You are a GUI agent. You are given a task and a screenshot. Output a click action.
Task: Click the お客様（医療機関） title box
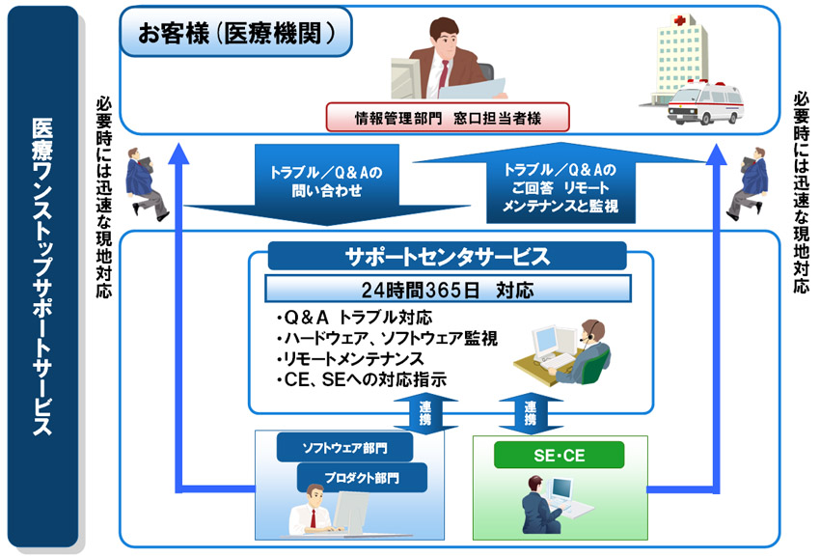click(x=235, y=35)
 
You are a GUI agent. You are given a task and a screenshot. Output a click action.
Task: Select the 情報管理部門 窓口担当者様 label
click(x=448, y=119)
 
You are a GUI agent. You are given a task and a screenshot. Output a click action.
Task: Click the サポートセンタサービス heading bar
click(x=447, y=257)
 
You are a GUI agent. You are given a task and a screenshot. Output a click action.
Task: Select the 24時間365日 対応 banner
click(x=449, y=289)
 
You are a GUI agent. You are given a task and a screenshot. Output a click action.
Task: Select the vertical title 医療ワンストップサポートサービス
click(x=41, y=276)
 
